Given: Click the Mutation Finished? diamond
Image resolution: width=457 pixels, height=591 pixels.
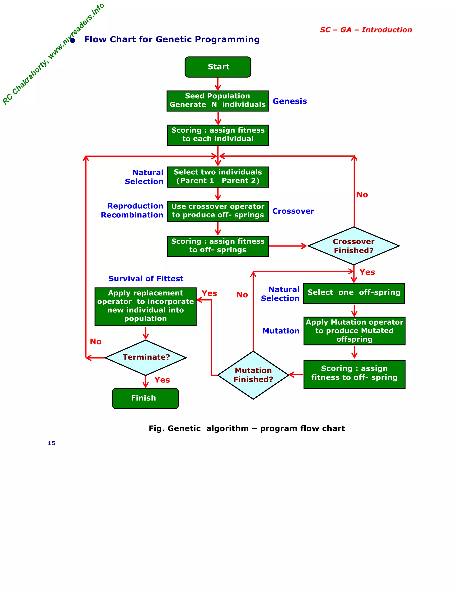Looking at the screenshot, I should tap(253, 375).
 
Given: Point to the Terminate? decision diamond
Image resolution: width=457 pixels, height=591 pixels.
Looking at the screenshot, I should tap(146, 357).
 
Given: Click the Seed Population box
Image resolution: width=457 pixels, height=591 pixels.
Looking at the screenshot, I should tap(217, 101).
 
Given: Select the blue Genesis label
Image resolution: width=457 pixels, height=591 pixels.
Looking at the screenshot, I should tap(289, 101).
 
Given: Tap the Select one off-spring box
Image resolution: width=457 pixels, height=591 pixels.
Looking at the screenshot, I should tap(354, 293).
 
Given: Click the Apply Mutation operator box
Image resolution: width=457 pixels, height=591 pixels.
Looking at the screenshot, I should tap(354, 331).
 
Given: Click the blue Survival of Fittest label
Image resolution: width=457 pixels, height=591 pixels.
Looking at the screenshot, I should tap(146, 279).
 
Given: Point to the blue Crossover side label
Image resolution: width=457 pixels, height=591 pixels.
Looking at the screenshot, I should tap(293, 211).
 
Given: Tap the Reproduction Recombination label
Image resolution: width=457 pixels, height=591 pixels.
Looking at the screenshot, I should tap(132, 210).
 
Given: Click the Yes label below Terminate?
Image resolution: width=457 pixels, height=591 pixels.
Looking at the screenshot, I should tap(162, 380).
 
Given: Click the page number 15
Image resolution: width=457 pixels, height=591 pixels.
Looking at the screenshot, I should tap(52, 443).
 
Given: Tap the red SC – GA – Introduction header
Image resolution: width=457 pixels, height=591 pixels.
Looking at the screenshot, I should tap(366, 30).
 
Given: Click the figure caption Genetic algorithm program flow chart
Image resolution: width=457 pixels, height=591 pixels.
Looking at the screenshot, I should tap(246, 428).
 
